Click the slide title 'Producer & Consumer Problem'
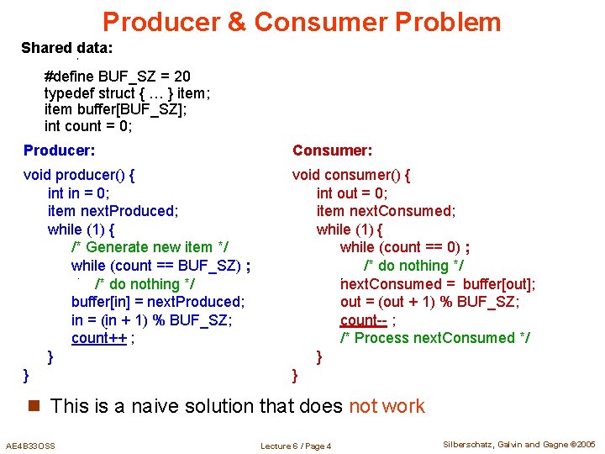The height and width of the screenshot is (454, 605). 302,22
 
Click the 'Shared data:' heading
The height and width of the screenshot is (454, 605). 67,48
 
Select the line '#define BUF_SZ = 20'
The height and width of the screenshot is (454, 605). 118,77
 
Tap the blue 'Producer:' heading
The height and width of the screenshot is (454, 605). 59,150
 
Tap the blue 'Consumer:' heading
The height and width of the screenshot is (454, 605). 332,150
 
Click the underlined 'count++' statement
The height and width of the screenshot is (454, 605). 100,338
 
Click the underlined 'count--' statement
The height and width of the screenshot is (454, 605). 364,319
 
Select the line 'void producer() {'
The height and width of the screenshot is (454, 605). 80,176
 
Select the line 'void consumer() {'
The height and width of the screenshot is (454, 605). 351,176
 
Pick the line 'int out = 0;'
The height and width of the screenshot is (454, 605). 352,193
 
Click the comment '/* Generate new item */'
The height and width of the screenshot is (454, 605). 150,247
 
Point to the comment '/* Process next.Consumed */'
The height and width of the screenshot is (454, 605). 434,338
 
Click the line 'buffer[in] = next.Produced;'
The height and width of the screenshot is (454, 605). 158,302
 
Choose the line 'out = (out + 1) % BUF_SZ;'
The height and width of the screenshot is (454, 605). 429,302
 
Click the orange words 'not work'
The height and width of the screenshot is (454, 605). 387,406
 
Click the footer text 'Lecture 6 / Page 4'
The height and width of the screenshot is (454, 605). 296,446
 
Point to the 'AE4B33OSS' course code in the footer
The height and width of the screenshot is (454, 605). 30,446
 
